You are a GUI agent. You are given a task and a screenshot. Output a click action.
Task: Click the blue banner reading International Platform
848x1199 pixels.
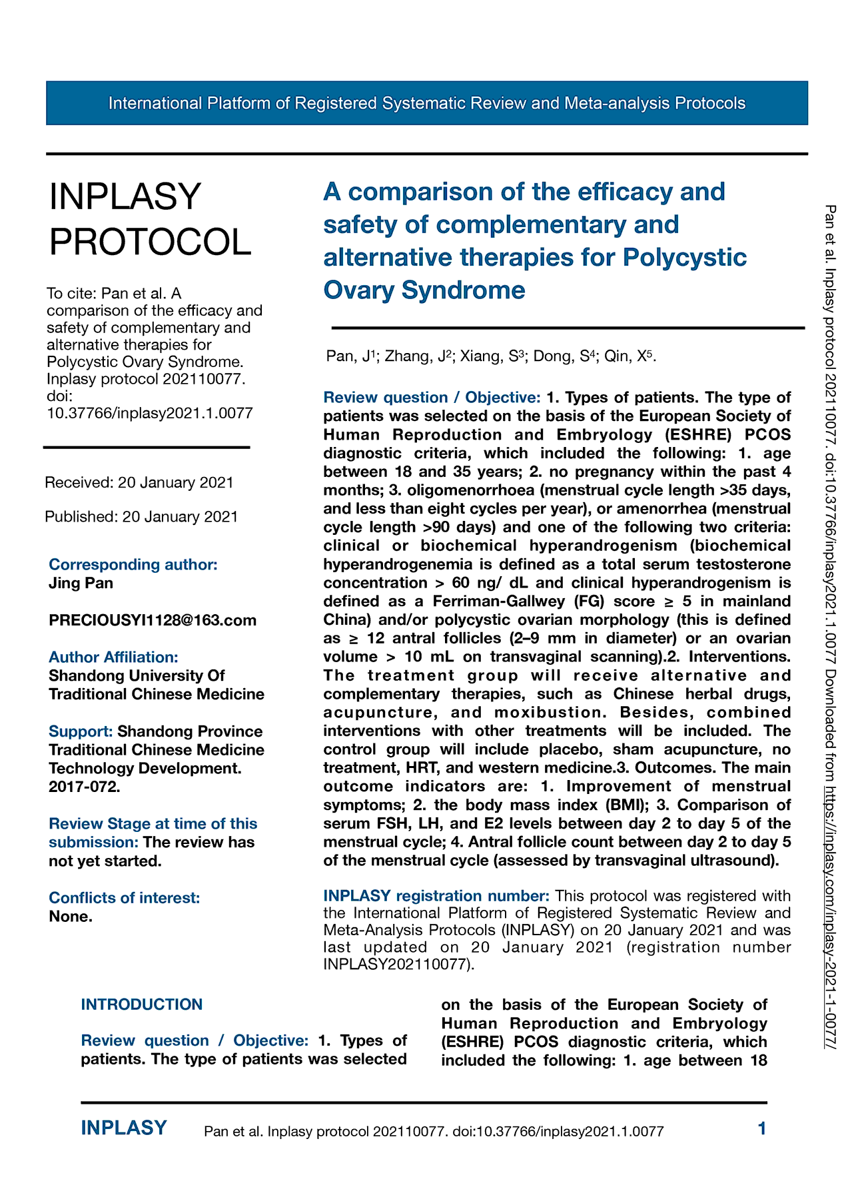pyautogui.click(x=426, y=103)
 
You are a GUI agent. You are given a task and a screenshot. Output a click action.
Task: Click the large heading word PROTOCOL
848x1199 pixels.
pyautogui.click(x=151, y=241)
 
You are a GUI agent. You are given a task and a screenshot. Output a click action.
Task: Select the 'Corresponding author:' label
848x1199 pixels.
pyautogui.click(x=133, y=564)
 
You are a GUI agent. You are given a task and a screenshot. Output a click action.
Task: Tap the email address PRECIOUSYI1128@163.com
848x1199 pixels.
pyautogui.click(x=153, y=620)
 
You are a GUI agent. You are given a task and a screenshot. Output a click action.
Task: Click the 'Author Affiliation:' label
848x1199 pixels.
pyautogui.click(x=113, y=657)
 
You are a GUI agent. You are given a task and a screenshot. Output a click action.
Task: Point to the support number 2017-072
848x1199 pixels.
pyautogui.click(x=84, y=787)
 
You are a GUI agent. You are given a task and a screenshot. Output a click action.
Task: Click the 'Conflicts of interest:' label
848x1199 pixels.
pyautogui.click(x=124, y=897)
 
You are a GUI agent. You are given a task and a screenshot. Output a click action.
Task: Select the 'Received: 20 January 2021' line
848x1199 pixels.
pyautogui.click(x=139, y=482)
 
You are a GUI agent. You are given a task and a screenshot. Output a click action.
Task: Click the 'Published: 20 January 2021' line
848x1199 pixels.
pyautogui.click(x=141, y=516)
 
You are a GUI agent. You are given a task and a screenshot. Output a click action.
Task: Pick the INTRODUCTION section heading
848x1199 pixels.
pyautogui.click(x=142, y=1004)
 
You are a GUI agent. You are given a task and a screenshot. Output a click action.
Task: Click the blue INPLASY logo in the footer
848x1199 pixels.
pyautogui.click(x=124, y=1128)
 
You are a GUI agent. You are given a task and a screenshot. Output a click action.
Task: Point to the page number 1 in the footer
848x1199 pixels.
pyautogui.click(x=762, y=1128)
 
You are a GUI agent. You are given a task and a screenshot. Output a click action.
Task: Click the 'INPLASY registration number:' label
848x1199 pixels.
pyautogui.click(x=436, y=895)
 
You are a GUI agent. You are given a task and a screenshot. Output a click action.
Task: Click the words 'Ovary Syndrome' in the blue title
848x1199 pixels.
pyautogui.click(x=424, y=290)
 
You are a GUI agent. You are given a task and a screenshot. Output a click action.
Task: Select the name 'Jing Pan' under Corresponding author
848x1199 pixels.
pyautogui.click(x=81, y=583)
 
